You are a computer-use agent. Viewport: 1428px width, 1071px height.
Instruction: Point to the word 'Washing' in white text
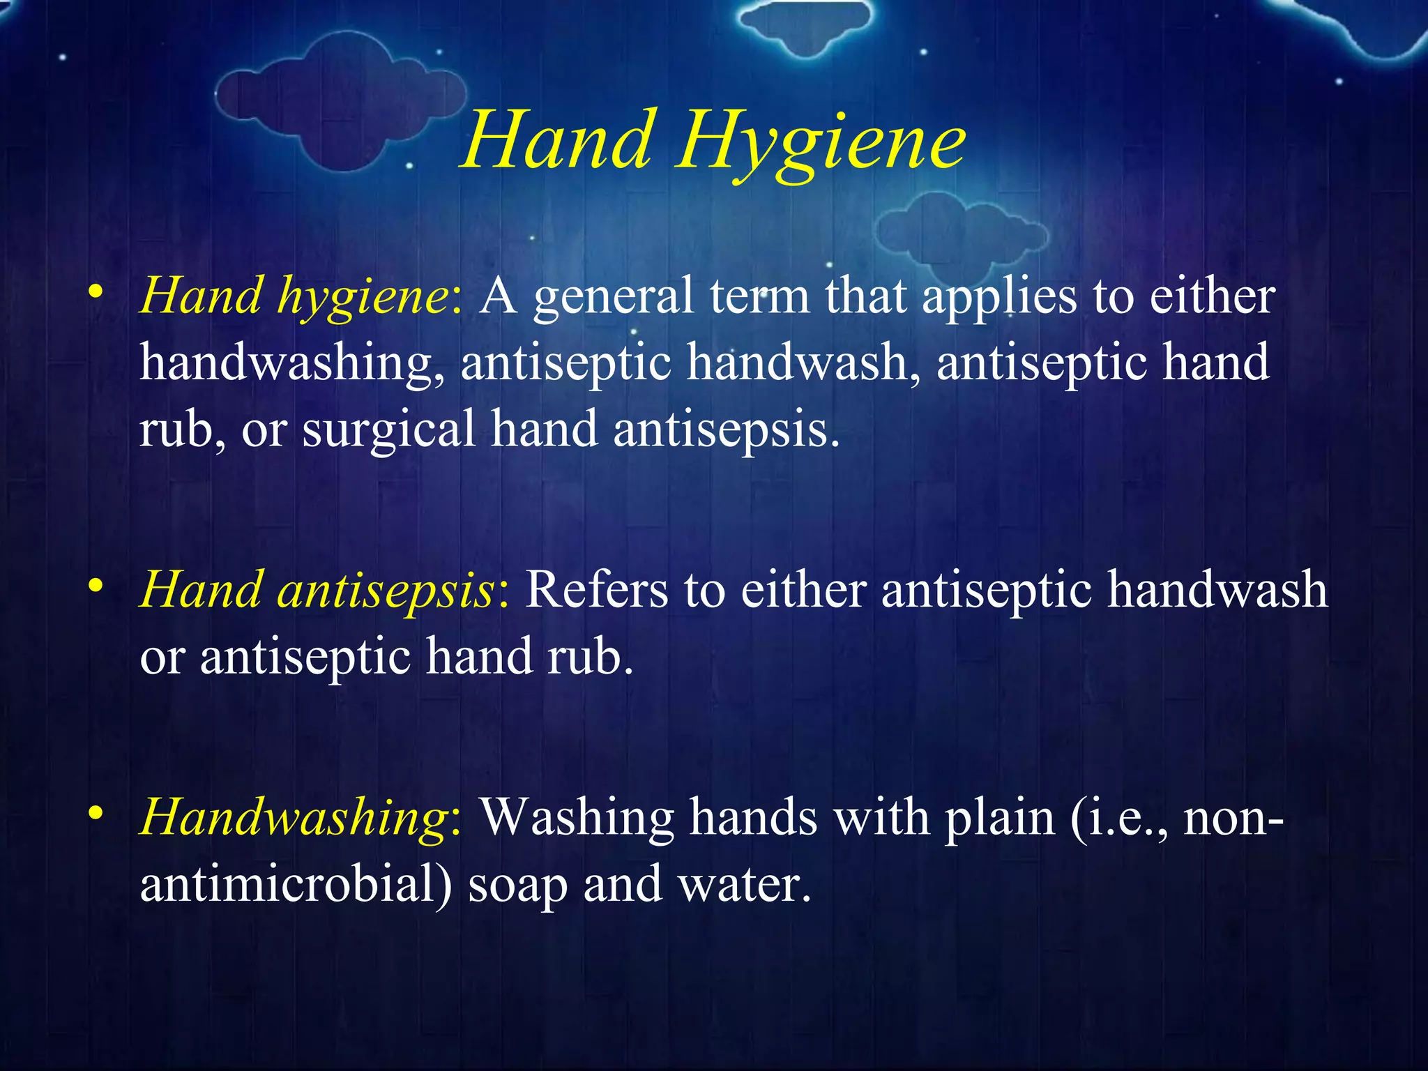tap(577, 817)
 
